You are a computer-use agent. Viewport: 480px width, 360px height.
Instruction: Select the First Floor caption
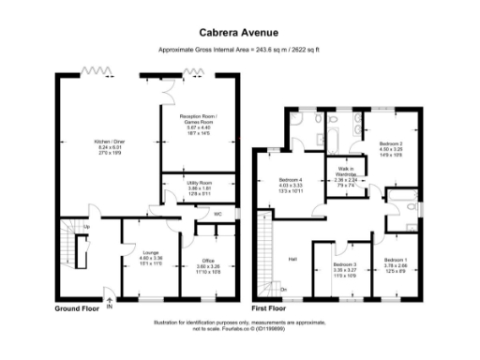[271, 307]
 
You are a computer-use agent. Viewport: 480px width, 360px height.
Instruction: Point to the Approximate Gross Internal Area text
[240, 50]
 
